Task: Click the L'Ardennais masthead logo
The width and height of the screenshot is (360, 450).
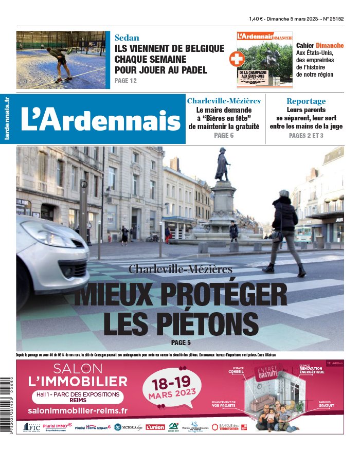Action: [101, 120]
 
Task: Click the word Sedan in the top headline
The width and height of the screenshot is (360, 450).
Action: [127, 38]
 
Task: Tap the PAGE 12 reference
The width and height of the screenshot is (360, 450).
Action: [125, 81]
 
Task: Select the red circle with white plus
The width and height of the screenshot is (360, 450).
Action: [237, 60]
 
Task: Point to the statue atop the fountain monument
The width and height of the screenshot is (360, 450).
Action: [222, 165]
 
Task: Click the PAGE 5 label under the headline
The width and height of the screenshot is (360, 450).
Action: [181, 343]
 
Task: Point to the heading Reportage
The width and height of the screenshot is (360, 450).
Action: [306, 101]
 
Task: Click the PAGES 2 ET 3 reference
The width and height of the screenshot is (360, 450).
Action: [306, 136]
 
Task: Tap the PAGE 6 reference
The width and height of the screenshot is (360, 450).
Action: [224, 136]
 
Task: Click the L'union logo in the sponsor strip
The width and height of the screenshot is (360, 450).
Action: [155, 427]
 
